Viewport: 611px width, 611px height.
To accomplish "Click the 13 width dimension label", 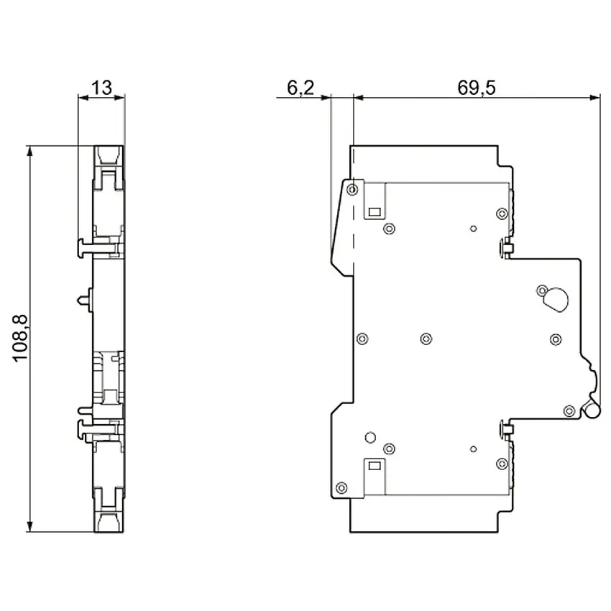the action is (101, 88).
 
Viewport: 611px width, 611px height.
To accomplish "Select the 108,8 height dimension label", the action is (20, 339).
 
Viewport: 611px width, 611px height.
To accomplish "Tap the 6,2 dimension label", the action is (300, 88).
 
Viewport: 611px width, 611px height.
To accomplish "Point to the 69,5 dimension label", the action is (476, 88).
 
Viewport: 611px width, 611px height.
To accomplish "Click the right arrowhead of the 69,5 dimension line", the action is (595, 98).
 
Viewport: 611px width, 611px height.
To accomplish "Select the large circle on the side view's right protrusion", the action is (556, 300).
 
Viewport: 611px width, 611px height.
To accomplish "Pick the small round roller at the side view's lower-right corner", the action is (592, 410).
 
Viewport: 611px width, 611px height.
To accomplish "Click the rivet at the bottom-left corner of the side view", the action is (341, 487).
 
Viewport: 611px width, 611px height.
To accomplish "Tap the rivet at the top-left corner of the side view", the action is (352, 190).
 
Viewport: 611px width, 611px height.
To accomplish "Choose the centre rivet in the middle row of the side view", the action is (426, 339).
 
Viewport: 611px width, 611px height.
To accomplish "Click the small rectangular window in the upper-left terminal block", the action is (375, 212).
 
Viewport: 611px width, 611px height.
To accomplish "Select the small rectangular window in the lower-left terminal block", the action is (375, 465).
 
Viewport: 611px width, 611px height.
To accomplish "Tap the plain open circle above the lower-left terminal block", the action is (370, 437).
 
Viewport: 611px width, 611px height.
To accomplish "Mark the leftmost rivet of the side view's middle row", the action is (362, 339).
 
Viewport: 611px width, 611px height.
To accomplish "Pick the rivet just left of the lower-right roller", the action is (569, 410).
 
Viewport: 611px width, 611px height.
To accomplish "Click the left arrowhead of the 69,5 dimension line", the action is (359, 98).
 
